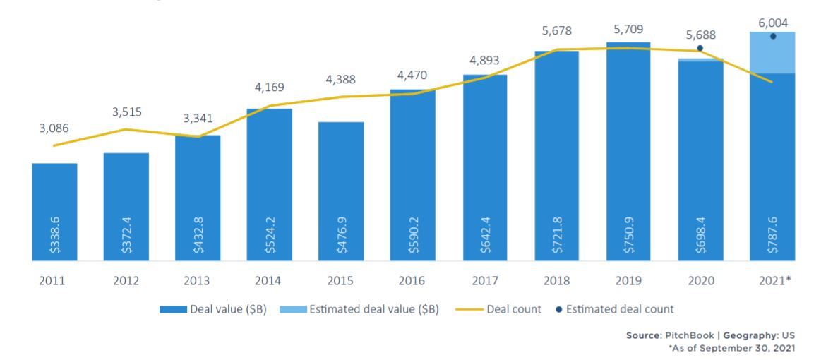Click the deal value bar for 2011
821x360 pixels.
[x=54, y=212]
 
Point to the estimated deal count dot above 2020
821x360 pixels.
[x=700, y=48]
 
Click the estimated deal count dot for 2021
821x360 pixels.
[x=772, y=36]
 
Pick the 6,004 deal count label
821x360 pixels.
[x=773, y=23]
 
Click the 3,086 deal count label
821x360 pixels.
[x=55, y=128]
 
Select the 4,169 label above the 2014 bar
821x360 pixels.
[x=269, y=89]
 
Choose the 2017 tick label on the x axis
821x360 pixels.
[x=485, y=281]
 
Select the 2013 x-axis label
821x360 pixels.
[x=198, y=281]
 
